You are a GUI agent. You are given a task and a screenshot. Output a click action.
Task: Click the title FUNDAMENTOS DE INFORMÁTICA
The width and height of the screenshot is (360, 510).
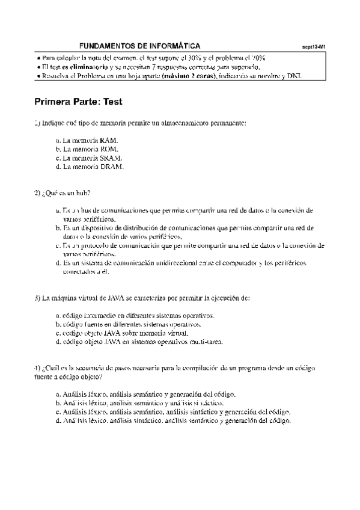point(140,46)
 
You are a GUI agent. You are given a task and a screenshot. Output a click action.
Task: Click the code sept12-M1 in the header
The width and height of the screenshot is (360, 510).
point(313,46)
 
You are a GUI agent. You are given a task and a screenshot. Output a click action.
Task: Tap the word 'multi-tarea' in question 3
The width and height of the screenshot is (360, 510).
point(208,342)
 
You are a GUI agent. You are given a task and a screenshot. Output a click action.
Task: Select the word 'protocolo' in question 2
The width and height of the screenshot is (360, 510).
point(99,245)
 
